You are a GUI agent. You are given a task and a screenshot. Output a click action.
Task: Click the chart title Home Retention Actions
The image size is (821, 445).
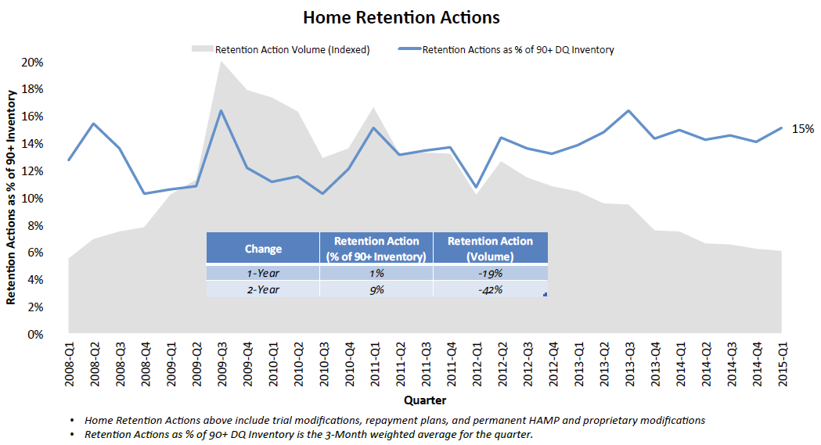click(401, 16)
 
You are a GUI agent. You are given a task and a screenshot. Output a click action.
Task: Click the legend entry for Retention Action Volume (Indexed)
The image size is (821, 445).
click(292, 49)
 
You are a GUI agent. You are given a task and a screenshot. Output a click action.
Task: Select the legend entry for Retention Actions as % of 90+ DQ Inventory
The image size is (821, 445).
click(517, 49)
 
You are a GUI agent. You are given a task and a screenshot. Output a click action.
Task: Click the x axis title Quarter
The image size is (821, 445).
click(425, 400)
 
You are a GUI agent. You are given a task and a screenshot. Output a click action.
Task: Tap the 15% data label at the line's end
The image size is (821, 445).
click(805, 128)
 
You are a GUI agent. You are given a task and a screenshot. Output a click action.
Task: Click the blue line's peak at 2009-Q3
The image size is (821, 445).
click(221, 110)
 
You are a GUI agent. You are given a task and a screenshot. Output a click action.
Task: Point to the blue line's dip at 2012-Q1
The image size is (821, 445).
click(477, 188)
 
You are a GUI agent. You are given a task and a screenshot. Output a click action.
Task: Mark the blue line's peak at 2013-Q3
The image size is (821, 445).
click(628, 110)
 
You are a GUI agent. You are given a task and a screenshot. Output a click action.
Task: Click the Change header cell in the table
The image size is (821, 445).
click(263, 249)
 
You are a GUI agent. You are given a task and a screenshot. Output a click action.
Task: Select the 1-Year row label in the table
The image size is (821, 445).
click(263, 273)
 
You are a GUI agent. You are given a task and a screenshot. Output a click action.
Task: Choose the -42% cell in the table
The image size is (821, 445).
click(490, 289)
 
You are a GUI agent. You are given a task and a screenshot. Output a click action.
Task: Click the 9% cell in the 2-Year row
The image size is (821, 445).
click(376, 289)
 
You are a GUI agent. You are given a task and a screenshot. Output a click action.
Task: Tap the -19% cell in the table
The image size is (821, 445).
click(490, 273)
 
